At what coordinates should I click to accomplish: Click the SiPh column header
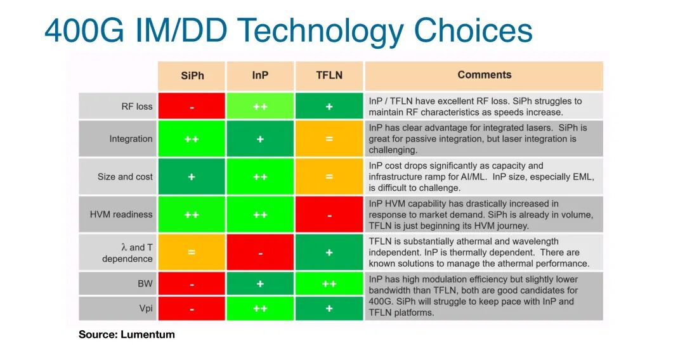[x=192, y=75]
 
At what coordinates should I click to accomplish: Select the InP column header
[x=260, y=75]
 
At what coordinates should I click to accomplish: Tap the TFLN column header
[x=329, y=75]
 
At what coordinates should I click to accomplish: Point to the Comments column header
[x=484, y=75]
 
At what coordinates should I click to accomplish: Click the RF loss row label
[x=137, y=106]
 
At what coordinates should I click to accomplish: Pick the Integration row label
[x=131, y=139]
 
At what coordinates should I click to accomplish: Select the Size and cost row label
[x=125, y=177]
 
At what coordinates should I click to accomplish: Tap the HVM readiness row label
[x=121, y=214]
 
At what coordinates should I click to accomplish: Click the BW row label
[x=145, y=284]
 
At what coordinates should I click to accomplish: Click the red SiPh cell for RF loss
[x=192, y=106]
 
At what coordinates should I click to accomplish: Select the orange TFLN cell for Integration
[x=329, y=139]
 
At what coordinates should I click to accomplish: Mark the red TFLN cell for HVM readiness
[x=329, y=215]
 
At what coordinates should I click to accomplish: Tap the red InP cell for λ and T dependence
[x=260, y=252]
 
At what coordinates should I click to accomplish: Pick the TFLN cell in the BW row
[x=329, y=284]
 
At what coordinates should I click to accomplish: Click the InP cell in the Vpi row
[x=260, y=309]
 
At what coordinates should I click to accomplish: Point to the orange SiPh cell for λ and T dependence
[x=192, y=252]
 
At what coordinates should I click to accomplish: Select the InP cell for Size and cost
[x=260, y=177]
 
